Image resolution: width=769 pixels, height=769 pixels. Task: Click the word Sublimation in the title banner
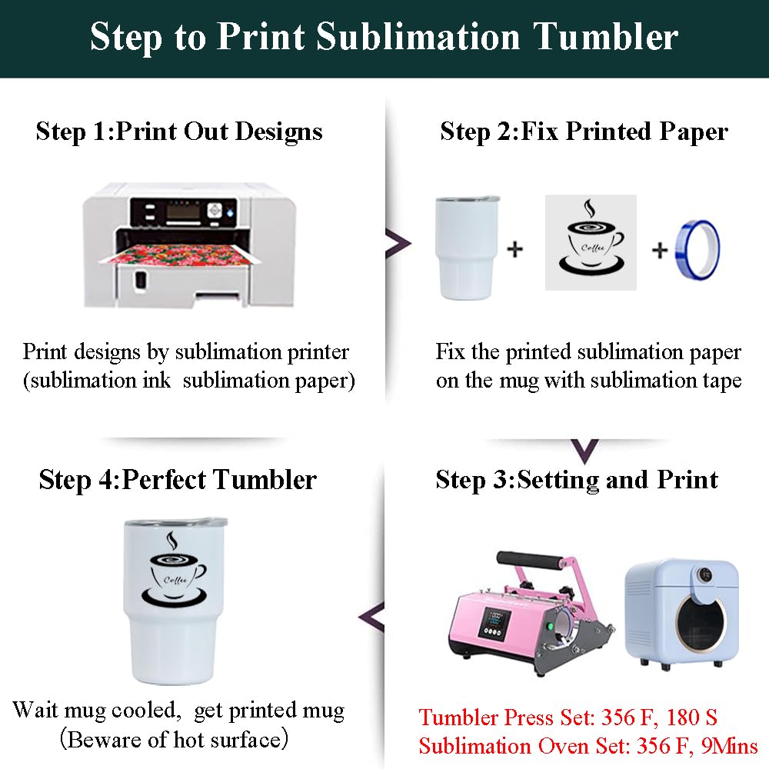(x=418, y=37)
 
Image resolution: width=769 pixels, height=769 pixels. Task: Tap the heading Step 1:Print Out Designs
(x=179, y=131)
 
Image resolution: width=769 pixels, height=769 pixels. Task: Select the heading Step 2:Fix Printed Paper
(x=584, y=131)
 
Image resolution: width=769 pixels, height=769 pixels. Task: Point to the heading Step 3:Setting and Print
(x=577, y=480)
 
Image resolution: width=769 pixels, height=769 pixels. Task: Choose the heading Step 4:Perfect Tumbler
(x=178, y=480)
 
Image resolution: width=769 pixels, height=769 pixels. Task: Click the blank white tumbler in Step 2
(x=467, y=248)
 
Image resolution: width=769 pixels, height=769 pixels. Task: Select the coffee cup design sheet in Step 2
(x=591, y=242)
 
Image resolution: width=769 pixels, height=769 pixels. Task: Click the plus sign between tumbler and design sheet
(x=515, y=249)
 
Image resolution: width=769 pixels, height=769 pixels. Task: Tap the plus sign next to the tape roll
(x=660, y=250)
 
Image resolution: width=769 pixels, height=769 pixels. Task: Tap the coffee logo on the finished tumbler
(x=174, y=569)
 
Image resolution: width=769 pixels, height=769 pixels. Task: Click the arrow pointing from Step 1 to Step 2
(x=398, y=243)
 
